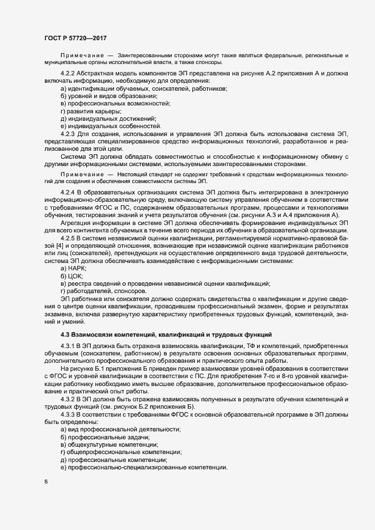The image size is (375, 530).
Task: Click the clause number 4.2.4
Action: tap(69, 193)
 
